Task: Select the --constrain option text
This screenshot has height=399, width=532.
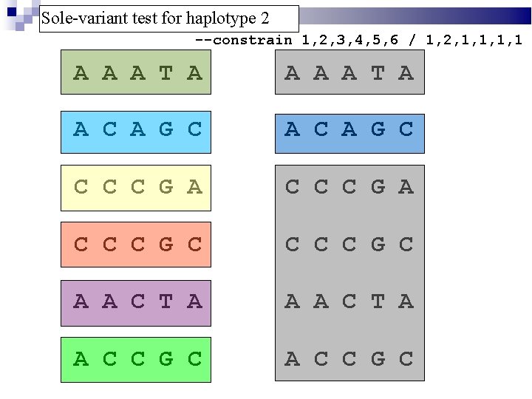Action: click(243, 40)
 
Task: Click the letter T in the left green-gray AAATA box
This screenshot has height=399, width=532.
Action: click(166, 72)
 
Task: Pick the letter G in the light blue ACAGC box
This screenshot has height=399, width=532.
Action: click(166, 129)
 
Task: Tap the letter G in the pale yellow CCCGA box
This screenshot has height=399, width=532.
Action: click(166, 187)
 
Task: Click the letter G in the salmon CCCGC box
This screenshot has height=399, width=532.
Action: click(166, 244)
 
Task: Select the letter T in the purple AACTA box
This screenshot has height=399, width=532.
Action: click(166, 301)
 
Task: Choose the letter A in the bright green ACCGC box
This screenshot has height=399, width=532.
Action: click(81, 359)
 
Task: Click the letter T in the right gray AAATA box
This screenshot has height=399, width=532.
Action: click(378, 72)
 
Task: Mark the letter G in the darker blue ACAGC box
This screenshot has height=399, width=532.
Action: click(378, 129)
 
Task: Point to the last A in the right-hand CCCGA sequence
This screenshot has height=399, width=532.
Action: click(406, 187)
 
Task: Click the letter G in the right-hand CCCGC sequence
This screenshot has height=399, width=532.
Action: click(378, 244)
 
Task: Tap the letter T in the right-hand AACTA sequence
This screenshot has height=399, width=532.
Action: click(378, 301)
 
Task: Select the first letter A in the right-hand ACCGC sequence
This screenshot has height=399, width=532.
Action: click(293, 359)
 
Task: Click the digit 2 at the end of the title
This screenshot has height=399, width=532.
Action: click(265, 18)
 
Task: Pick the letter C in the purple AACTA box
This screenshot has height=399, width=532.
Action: click(138, 301)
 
